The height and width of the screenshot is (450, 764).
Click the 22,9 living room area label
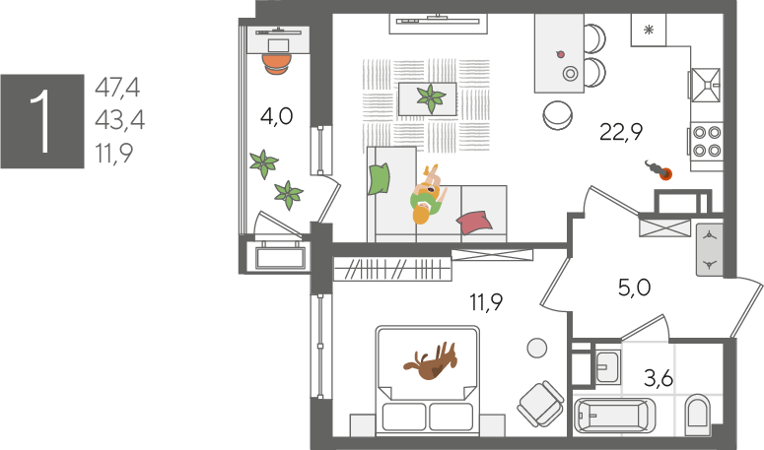tap(621, 132)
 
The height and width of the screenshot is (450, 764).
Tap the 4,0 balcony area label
tap(276, 117)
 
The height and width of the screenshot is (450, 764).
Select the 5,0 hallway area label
tap(635, 288)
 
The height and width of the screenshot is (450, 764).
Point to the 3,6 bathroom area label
tap(659, 378)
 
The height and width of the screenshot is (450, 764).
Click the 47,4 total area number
tap(117, 88)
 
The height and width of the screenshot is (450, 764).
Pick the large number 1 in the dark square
tap(42, 121)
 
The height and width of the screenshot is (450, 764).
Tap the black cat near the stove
tap(659, 169)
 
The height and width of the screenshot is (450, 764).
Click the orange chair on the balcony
tap(277, 63)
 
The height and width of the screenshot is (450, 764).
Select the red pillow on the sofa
tap(474, 221)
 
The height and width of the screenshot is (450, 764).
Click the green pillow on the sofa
tap(380, 178)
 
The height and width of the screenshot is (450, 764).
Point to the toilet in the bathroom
tap(697, 415)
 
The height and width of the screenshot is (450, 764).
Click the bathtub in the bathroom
tap(614, 416)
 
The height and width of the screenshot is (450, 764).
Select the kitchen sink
tap(706, 85)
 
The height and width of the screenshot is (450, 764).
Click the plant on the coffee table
tap(431, 98)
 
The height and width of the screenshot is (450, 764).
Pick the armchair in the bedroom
tap(541, 404)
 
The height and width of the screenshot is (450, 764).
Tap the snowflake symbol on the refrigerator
tap(649, 31)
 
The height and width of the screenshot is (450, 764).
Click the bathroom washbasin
tap(607, 366)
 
